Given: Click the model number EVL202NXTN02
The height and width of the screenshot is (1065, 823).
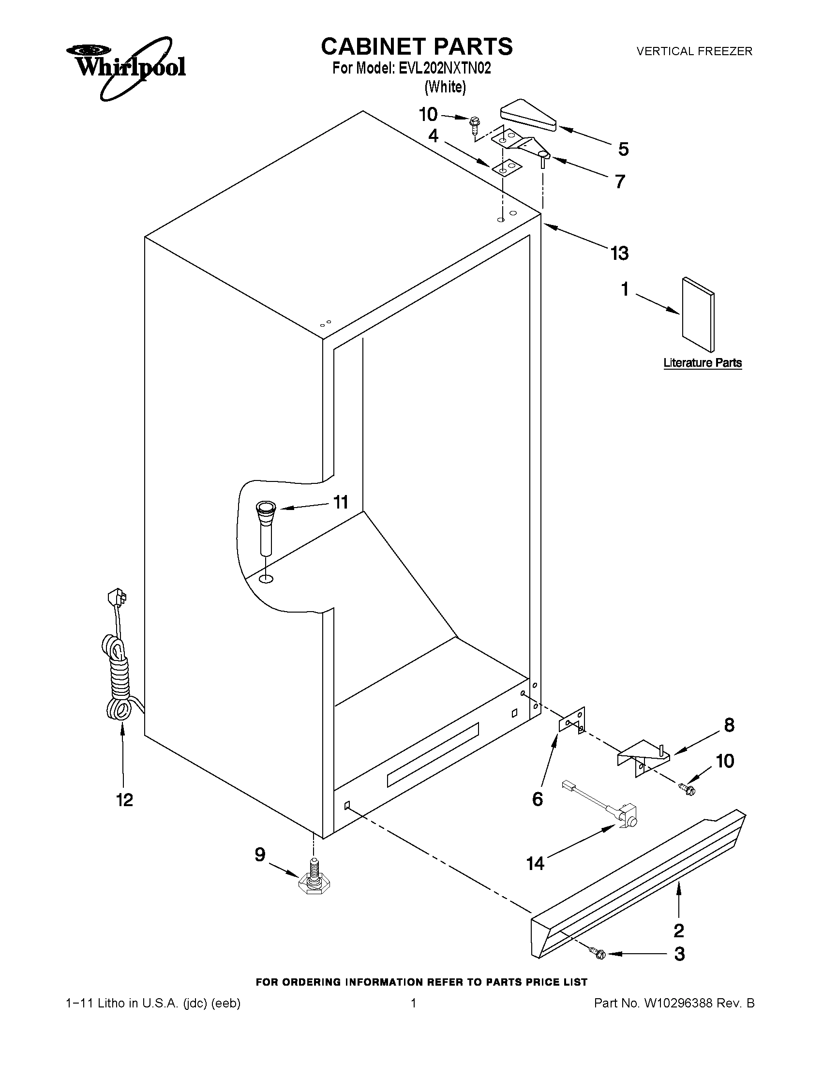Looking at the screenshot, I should pos(444,68).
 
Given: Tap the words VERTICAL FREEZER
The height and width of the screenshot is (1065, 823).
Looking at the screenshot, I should pos(694,51).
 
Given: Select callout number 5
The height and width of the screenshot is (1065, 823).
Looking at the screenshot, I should pos(623,149).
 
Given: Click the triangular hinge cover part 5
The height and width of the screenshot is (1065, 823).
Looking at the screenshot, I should pos(528,118).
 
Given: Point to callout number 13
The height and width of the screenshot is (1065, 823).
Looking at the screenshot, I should pos(619,253).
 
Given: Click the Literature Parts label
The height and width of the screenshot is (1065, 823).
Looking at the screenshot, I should pos(702,363).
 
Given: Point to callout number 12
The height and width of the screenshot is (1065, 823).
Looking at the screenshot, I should pos(125,800).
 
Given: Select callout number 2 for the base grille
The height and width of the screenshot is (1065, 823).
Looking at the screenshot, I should pos(678,931).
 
